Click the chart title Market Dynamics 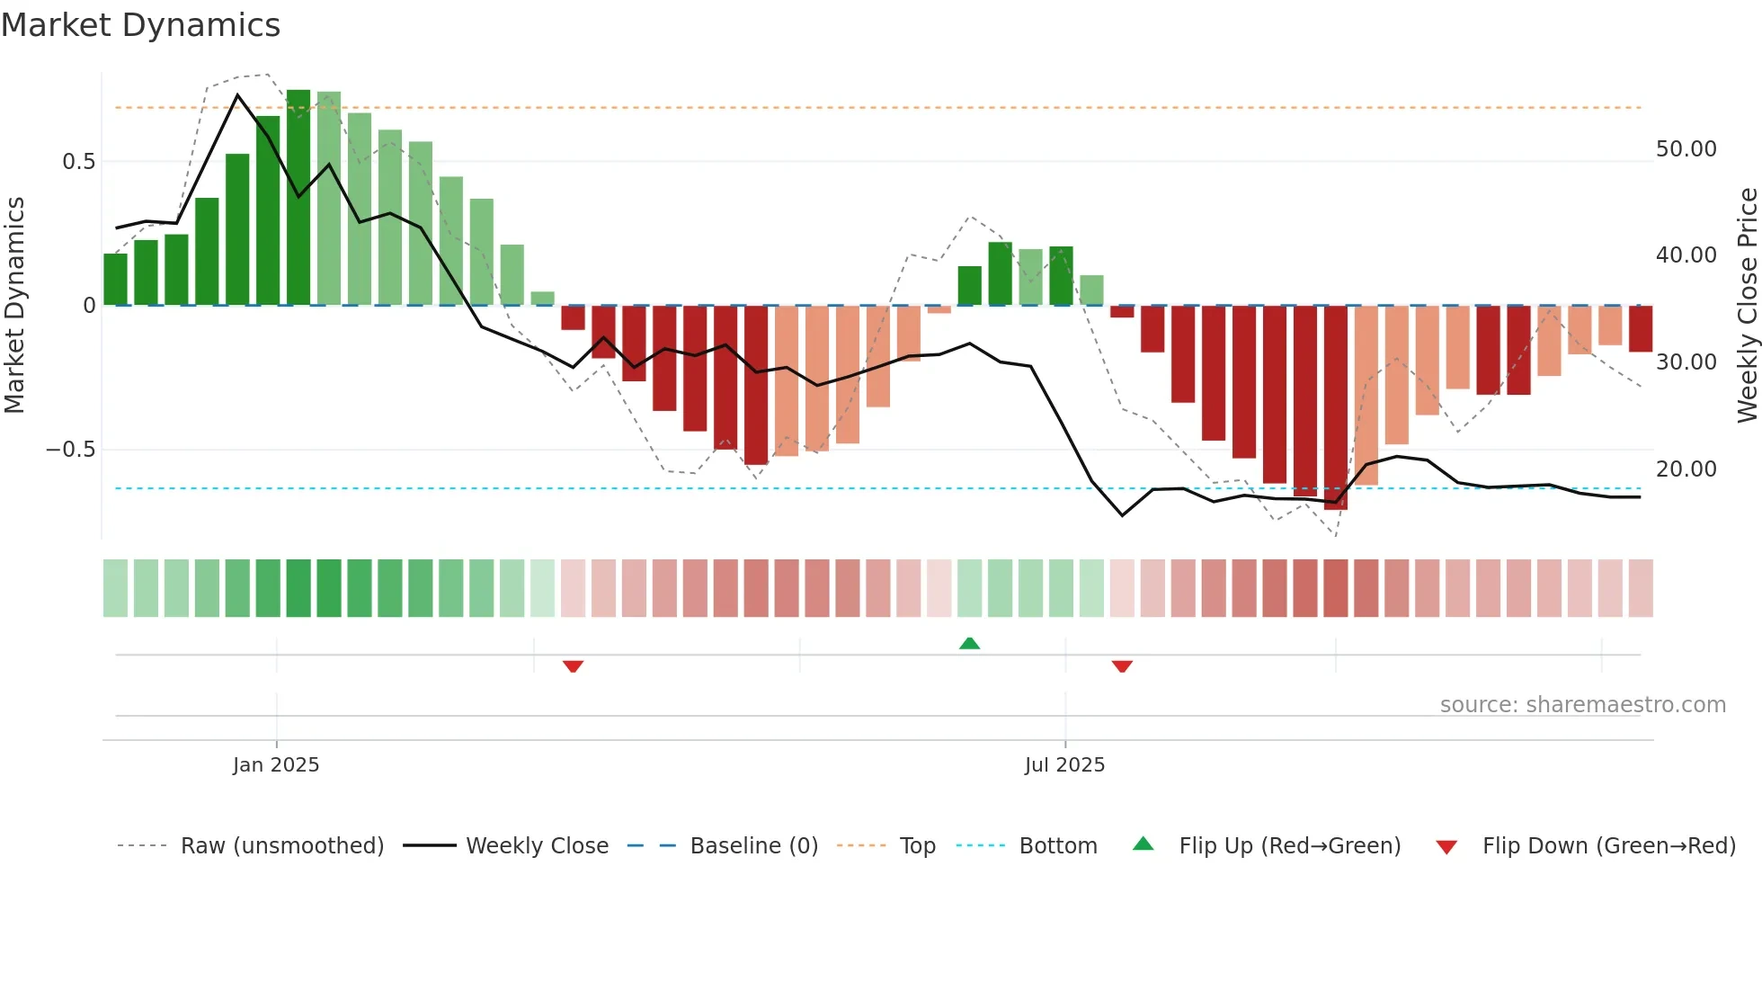point(141,25)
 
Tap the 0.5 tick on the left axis point(78,162)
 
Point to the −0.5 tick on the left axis point(71,450)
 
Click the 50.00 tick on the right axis point(1686,149)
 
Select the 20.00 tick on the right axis point(1686,469)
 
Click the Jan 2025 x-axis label point(276,765)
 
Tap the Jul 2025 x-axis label point(1064,765)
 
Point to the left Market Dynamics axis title point(14,306)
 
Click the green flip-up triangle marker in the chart point(969,643)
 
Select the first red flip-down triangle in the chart point(573,666)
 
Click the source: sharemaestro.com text point(1582,705)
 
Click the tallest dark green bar point(298,198)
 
